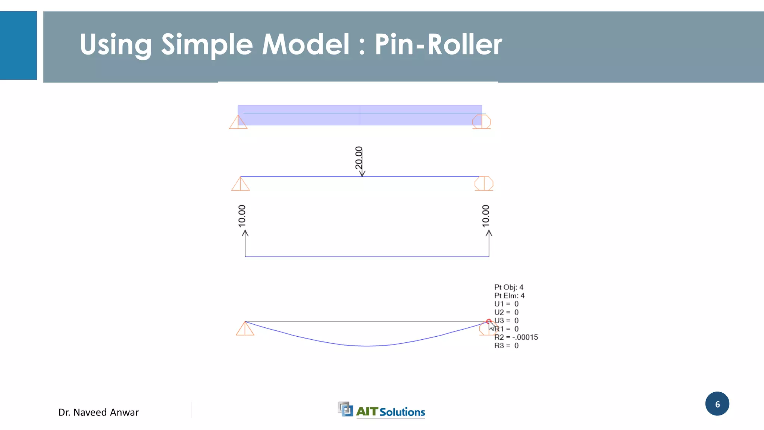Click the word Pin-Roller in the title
tap(438, 44)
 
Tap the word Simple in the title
tap(207, 44)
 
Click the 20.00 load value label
tap(358, 158)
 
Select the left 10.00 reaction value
tap(242, 216)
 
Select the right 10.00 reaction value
tap(485, 216)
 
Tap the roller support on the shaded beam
tap(482, 122)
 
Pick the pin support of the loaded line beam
tap(240, 184)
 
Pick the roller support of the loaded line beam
tap(484, 184)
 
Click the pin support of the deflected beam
tap(245, 328)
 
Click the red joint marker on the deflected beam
tap(489, 321)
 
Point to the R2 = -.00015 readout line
tap(516, 337)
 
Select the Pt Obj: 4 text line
tap(508, 287)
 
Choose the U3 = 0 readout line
tap(506, 321)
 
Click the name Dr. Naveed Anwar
tap(98, 412)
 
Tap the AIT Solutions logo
tap(381, 411)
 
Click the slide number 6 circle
tap(717, 404)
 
